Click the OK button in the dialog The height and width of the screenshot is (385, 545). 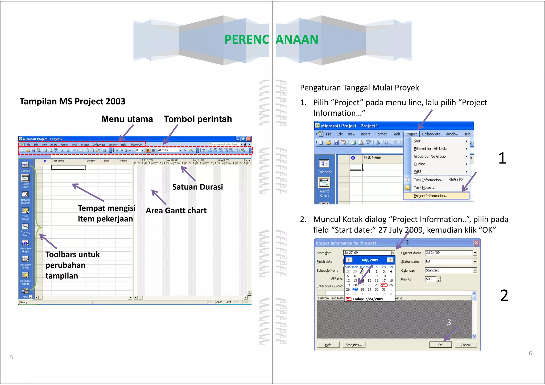(x=440, y=345)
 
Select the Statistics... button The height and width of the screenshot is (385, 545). (x=354, y=345)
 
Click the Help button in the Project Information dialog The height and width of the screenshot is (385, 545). (x=328, y=345)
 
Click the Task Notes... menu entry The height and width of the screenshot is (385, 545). (x=424, y=188)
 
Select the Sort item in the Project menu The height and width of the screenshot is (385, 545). (x=417, y=141)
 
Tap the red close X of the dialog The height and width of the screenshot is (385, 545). (x=476, y=243)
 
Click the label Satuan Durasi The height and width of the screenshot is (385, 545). (x=197, y=187)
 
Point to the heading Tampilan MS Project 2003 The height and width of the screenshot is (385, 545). (x=72, y=101)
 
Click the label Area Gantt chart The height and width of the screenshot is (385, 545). (x=176, y=211)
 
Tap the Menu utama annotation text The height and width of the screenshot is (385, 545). (x=127, y=119)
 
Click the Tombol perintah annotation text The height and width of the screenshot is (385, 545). (x=198, y=119)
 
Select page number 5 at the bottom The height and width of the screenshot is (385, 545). (x=11, y=357)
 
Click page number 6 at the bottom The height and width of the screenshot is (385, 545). (x=530, y=353)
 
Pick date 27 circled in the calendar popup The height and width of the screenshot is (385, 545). (x=355, y=289)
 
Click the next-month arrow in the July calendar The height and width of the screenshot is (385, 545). (x=390, y=260)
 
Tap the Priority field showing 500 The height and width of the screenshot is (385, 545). (x=430, y=279)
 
